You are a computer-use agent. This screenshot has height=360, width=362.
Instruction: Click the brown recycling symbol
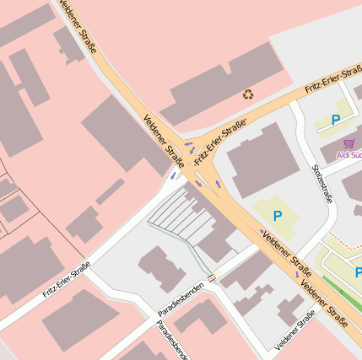(x=248, y=94)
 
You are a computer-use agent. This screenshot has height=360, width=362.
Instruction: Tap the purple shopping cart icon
(x=349, y=143)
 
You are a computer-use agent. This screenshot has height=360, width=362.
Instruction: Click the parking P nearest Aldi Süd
(x=336, y=121)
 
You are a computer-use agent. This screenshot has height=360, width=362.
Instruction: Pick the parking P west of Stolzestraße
(x=277, y=217)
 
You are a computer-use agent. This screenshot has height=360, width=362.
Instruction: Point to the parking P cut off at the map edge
(x=358, y=271)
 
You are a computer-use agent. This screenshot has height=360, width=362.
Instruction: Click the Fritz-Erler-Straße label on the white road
(x=67, y=282)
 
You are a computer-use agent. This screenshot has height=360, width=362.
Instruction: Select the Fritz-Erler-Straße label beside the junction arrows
(x=219, y=142)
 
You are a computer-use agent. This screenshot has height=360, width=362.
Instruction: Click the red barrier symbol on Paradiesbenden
(x=211, y=276)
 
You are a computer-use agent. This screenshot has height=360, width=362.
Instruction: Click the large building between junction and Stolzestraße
(x=264, y=159)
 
